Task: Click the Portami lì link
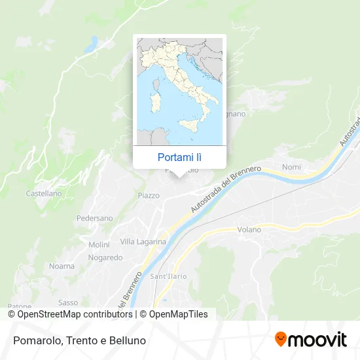point(179,157)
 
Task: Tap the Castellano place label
point(44,194)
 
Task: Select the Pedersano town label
point(94,218)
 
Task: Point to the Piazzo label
point(149,196)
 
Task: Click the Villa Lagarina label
point(143,242)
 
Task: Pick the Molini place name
point(99,245)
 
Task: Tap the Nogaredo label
point(105,258)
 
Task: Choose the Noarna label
point(62,266)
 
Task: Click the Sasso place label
point(68,302)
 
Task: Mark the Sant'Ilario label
point(169,276)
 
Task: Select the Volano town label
point(249,230)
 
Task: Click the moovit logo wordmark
point(318,340)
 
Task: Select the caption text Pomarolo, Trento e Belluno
point(78,340)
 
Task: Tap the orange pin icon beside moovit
point(281,339)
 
